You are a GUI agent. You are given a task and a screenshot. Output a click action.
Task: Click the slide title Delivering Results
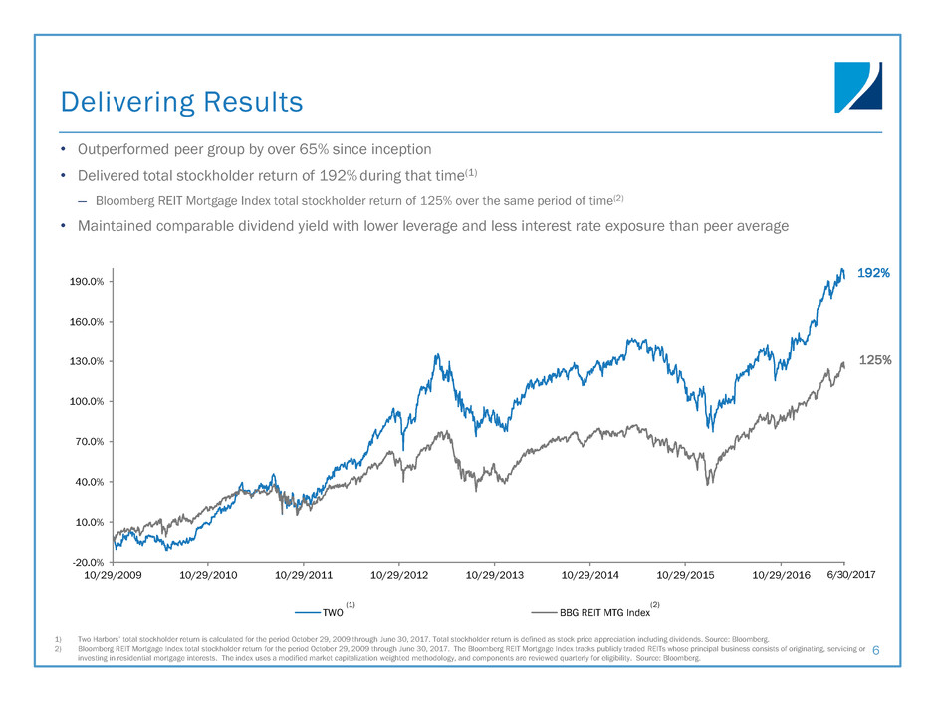pyautogui.click(x=180, y=101)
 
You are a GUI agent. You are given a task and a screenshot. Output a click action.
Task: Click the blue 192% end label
pyautogui.click(x=873, y=272)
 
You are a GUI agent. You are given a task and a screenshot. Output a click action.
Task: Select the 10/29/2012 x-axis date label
pyautogui.click(x=398, y=576)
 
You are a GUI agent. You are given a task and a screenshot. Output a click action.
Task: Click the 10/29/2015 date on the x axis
pyautogui.click(x=686, y=576)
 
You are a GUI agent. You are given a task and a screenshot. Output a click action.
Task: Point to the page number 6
pyautogui.click(x=875, y=650)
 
